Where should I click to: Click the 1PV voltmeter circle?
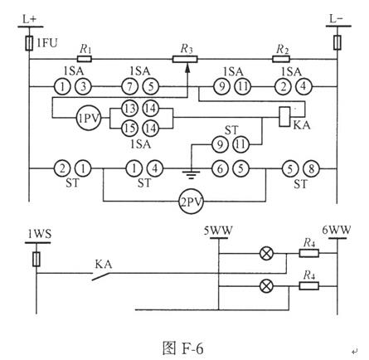(x=89, y=119)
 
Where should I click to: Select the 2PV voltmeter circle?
(x=191, y=202)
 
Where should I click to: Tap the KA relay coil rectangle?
(x=284, y=116)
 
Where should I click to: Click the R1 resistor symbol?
(x=85, y=59)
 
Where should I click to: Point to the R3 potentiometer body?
(x=185, y=59)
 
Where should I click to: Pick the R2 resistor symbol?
(x=281, y=59)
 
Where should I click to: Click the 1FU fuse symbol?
(x=29, y=43)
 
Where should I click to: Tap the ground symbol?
(x=191, y=174)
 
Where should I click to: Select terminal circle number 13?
(x=130, y=108)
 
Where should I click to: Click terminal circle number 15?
(x=130, y=129)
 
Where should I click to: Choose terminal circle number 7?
(x=130, y=87)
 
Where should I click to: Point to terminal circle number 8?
(x=311, y=168)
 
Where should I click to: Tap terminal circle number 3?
(x=83, y=87)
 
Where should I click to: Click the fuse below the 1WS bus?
(x=36, y=259)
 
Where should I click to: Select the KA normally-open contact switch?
(x=101, y=276)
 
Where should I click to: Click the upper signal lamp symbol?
(x=266, y=253)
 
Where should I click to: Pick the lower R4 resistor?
(x=309, y=285)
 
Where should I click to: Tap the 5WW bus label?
(x=218, y=230)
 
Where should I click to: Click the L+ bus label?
(x=30, y=19)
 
